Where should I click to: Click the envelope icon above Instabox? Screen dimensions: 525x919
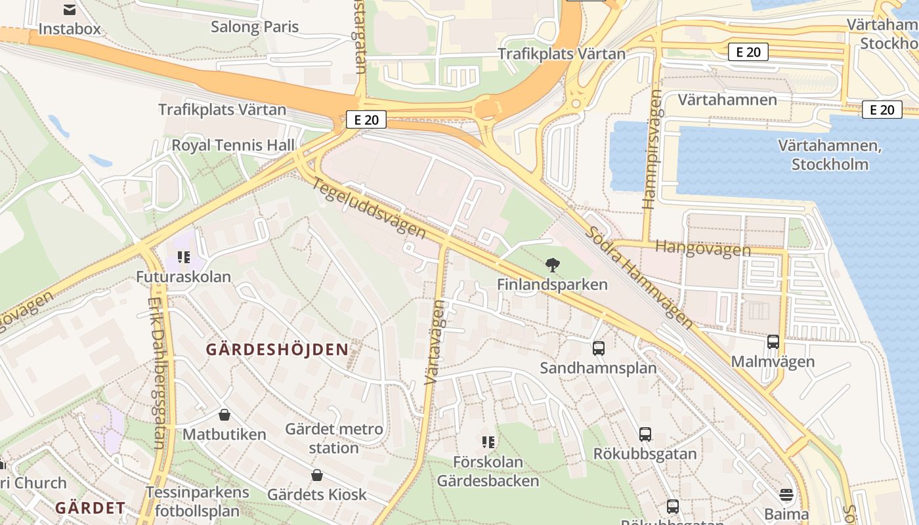(x=69, y=9)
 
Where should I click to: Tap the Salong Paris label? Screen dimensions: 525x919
(x=255, y=27)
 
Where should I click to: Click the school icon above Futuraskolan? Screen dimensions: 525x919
(x=184, y=257)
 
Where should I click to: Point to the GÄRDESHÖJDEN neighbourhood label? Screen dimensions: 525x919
(x=277, y=349)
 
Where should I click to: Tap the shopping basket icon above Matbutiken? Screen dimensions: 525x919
(x=224, y=415)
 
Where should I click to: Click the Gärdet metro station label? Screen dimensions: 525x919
(x=333, y=438)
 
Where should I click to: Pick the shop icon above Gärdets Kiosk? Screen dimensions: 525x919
(x=317, y=474)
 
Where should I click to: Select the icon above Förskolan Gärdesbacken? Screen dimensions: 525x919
(x=488, y=442)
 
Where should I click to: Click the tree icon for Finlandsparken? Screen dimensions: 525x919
(x=553, y=265)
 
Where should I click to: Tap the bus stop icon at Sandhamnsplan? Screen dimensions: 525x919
(x=598, y=348)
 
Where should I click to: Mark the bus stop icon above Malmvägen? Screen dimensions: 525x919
(x=773, y=342)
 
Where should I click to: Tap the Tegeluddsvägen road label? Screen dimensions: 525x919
(x=369, y=207)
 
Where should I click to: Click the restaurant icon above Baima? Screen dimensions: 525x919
(x=786, y=494)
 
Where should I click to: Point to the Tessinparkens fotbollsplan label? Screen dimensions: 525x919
(x=198, y=501)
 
